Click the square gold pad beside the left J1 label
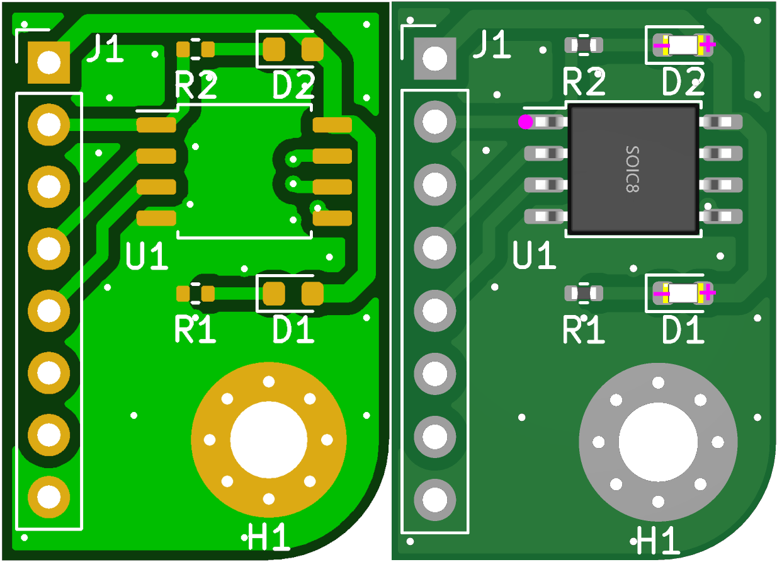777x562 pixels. click(x=48, y=62)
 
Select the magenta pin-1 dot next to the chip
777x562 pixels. click(x=525, y=122)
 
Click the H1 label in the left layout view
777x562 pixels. click(x=269, y=539)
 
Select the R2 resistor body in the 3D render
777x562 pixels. click(x=584, y=45)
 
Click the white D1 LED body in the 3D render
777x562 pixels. click(x=683, y=292)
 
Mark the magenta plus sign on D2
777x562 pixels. click(x=708, y=44)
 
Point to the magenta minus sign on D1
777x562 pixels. click(x=661, y=293)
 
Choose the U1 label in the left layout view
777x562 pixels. click(x=147, y=256)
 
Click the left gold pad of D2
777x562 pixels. click(x=275, y=49)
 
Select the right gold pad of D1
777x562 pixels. click(x=312, y=294)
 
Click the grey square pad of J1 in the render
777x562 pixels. click(x=434, y=58)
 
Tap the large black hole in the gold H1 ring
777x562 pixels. click(x=269, y=440)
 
